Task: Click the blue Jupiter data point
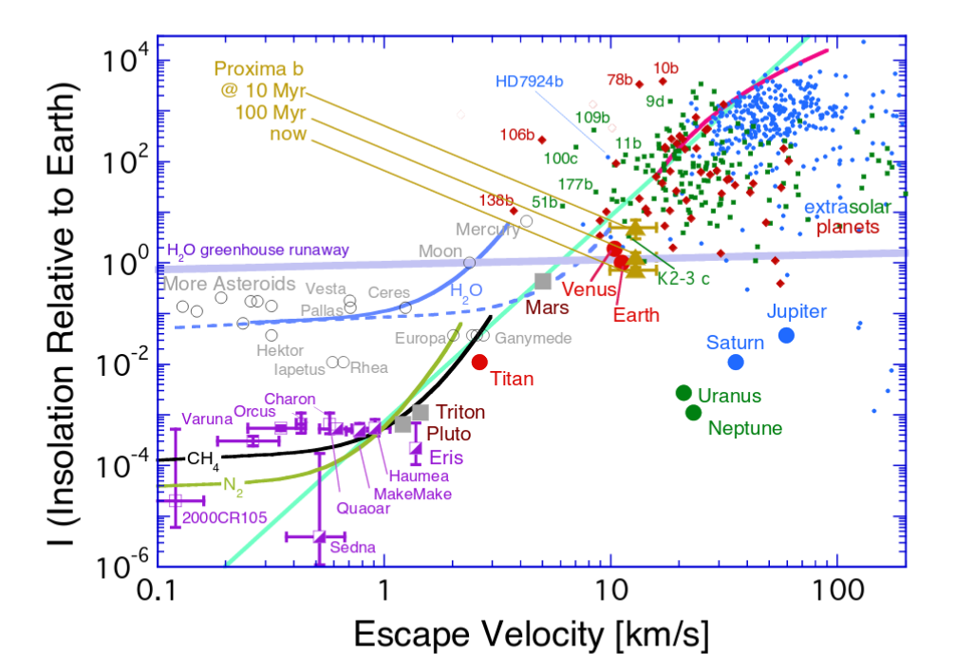click(x=786, y=335)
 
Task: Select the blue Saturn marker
click(x=735, y=362)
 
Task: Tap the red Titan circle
click(x=479, y=362)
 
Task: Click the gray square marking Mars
click(x=543, y=281)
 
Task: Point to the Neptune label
click(x=746, y=428)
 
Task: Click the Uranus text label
click(x=729, y=396)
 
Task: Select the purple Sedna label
click(x=353, y=548)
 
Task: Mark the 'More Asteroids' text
click(x=229, y=284)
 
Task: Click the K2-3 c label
click(x=684, y=280)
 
